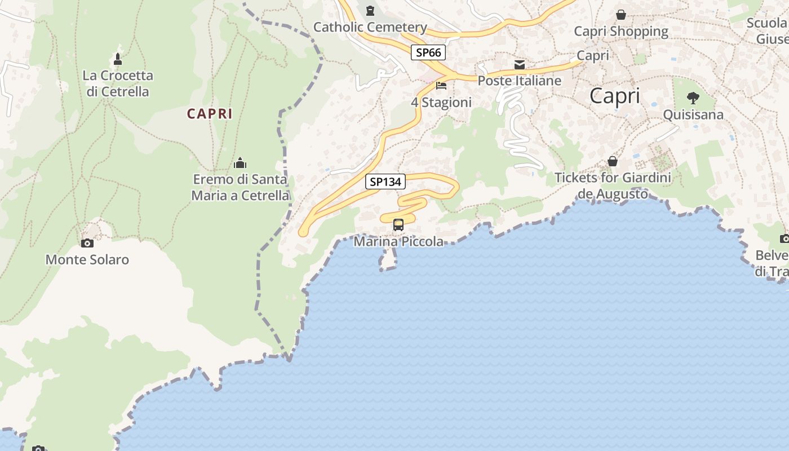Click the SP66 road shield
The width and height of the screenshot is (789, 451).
[x=428, y=53]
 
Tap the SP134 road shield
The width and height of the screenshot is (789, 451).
[x=385, y=182]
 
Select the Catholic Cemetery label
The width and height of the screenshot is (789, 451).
[x=370, y=27]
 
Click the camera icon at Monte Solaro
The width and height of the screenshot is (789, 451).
[x=87, y=244]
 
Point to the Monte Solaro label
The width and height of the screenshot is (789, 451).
[x=87, y=260]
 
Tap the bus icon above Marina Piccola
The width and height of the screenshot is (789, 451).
[x=398, y=225]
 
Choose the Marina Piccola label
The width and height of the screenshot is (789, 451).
[x=398, y=242]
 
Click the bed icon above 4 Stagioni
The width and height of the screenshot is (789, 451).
[x=441, y=86]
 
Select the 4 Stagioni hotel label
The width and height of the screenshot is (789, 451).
[x=441, y=103]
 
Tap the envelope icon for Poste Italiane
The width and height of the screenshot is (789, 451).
[x=520, y=65]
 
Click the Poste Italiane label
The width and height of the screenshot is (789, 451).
[x=520, y=81]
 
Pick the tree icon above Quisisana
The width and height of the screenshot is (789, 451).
[x=693, y=98]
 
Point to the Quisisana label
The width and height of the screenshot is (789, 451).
[x=693, y=115]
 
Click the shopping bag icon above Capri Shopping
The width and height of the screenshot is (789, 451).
[x=621, y=15]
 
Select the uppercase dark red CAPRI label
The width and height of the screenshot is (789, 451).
[x=210, y=114]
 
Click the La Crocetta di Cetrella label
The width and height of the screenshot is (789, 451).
[x=118, y=83]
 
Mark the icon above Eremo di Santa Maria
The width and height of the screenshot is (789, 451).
[x=240, y=163]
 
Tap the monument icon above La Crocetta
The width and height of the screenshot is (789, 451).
[x=118, y=59]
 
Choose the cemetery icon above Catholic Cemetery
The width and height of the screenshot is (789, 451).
[x=370, y=11]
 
